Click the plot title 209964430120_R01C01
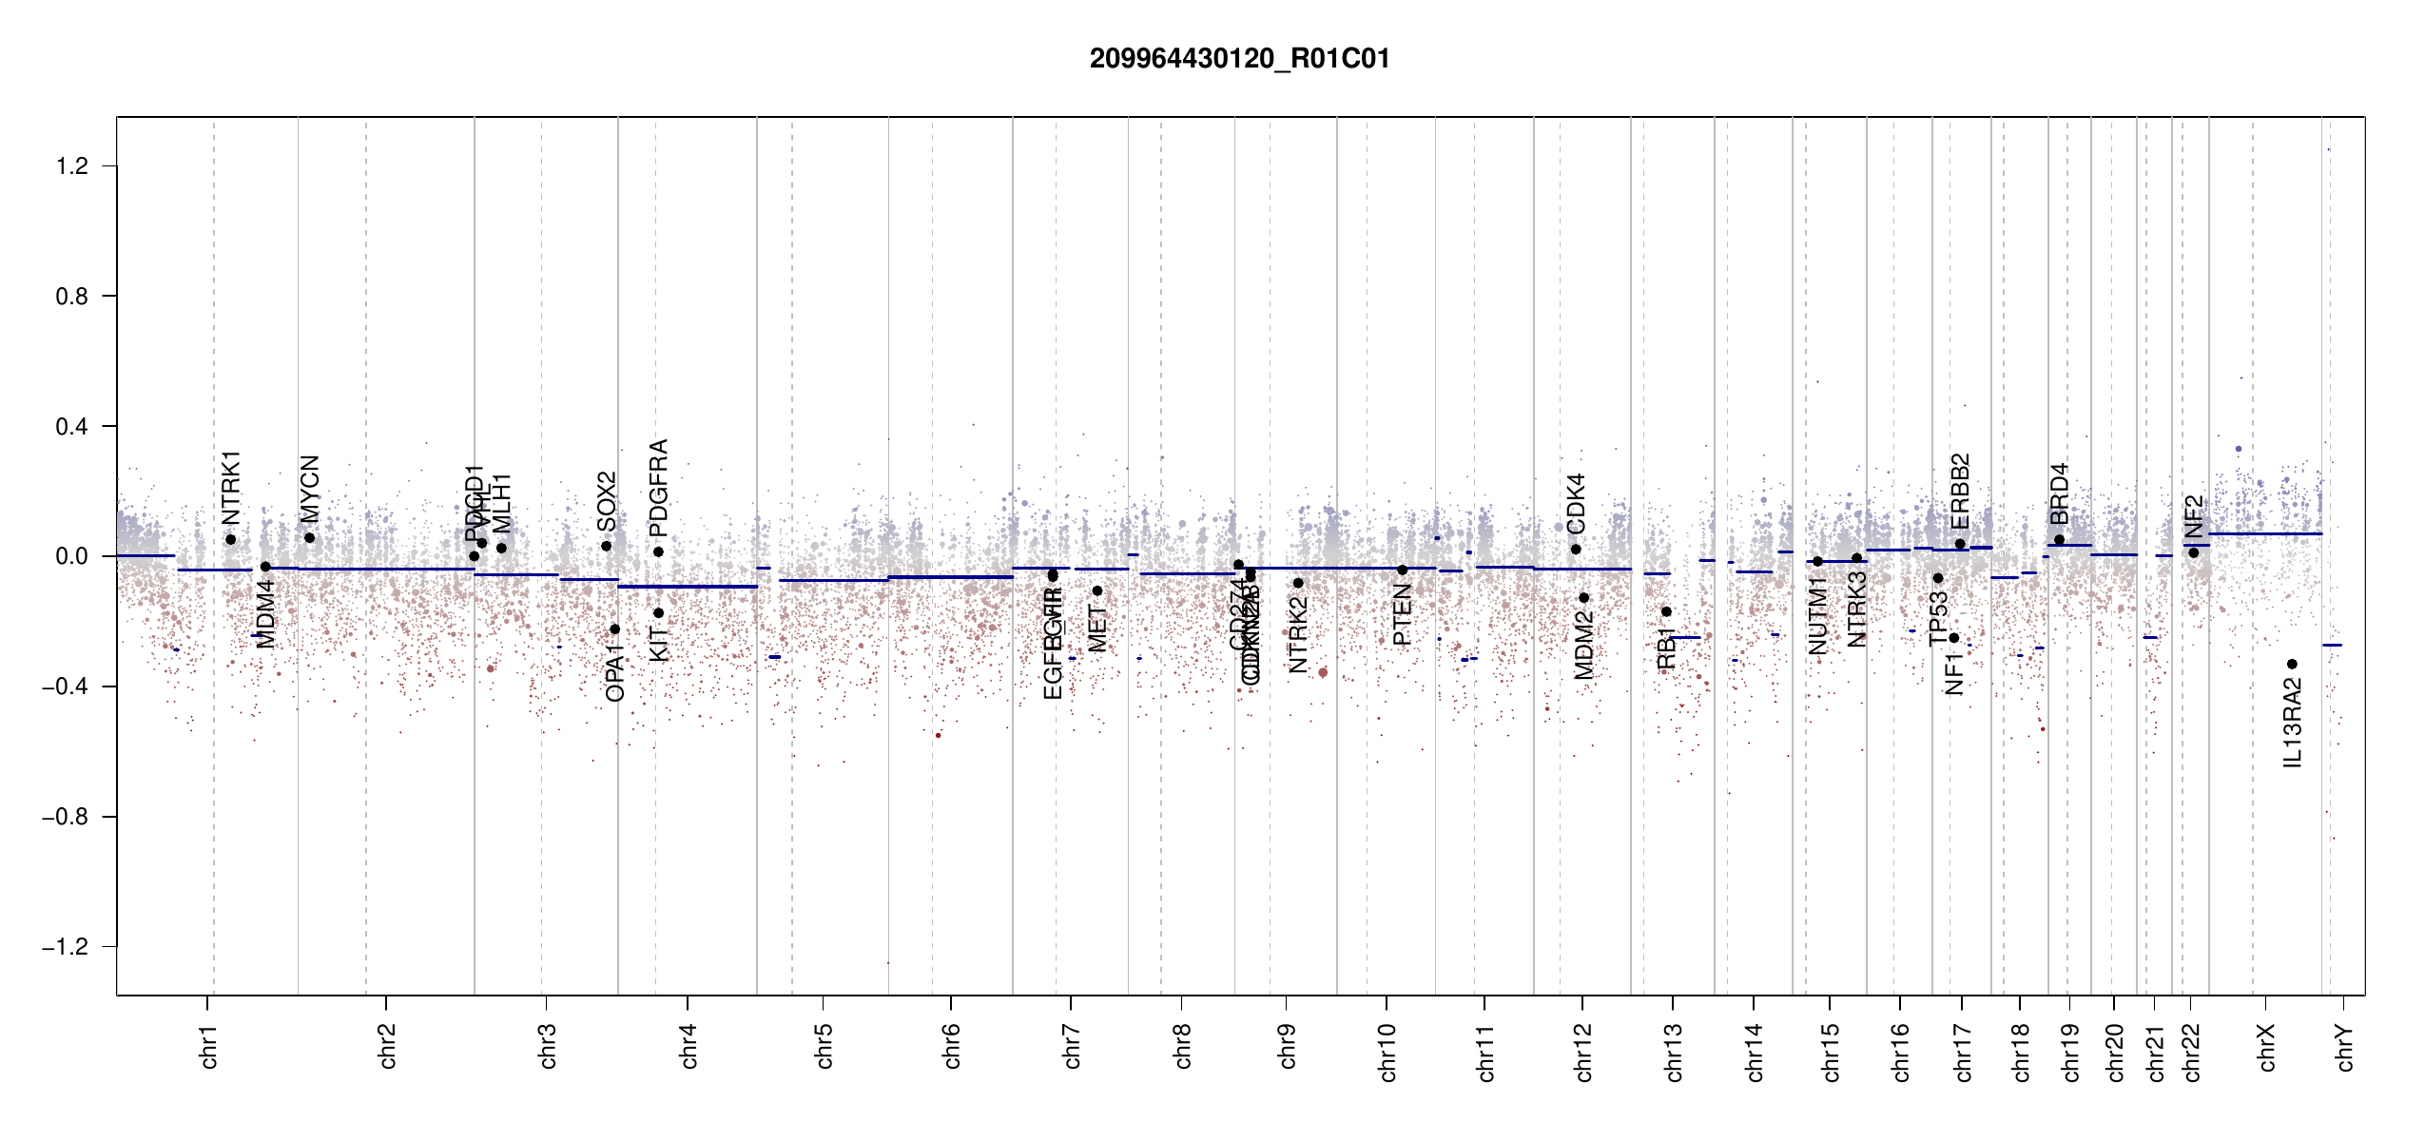pos(1239,59)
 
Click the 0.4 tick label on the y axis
pos(72,427)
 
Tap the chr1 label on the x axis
pos(209,1046)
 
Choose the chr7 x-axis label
pos(1072,1046)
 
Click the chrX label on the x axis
pos(2267,1048)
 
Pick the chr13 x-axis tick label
pos(1674,1052)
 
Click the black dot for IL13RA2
pos(2292,664)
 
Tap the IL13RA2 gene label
pos(2293,723)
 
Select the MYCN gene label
pos(309,489)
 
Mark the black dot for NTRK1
pos(230,540)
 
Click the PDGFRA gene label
pos(658,488)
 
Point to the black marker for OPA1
pos(614,629)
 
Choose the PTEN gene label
pos(1402,615)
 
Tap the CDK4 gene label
pos(1576,503)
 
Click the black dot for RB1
pos(1666,611)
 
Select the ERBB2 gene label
pos(1960,492)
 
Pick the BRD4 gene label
pos(2059,493)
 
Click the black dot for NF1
pos(1953,638)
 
